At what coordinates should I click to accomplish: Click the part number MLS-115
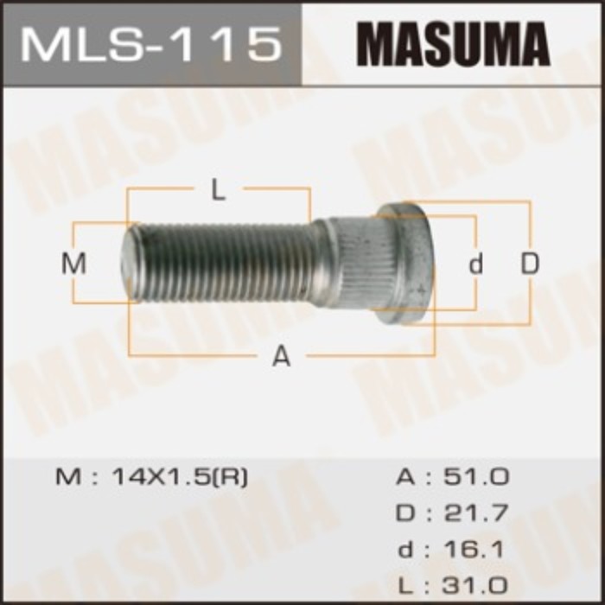pos(151,43)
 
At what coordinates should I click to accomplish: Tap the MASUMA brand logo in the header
pos(453,43)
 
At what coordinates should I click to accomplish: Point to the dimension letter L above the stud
pos(219,190)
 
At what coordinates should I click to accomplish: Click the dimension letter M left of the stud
pos(75,264)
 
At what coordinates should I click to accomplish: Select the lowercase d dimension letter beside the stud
pos(475,264)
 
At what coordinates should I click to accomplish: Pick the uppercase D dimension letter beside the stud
pos(529,264)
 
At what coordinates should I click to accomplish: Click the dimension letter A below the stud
pos(281,355)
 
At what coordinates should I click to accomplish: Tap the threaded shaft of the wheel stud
pos(225,262)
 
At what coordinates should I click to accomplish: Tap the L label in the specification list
pos(405,585)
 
